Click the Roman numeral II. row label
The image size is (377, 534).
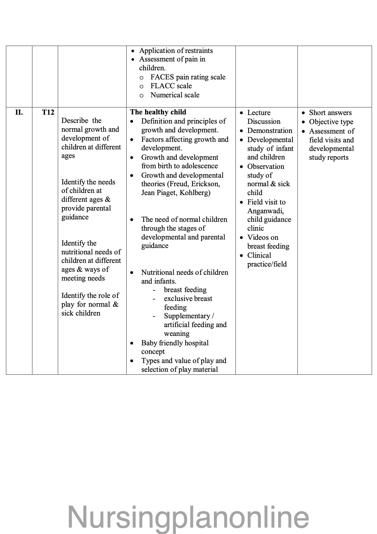tap(19, 113)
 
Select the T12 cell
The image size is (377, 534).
tap(48, 113)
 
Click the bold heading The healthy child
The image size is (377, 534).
tap(158, 112)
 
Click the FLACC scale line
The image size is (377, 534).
tap(171, 86)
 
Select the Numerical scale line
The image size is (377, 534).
tap(175, 95)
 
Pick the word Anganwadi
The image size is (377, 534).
tap(265, 211)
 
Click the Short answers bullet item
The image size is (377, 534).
tap(330, 113)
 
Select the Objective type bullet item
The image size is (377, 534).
tap(331, 122)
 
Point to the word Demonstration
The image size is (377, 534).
tap(270, 131)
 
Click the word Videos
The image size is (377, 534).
tap(258, 237)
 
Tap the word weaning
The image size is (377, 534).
tap(176, 333)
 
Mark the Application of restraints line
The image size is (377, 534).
tap(176, 51)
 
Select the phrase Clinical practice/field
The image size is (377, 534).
tap(267, 260)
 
